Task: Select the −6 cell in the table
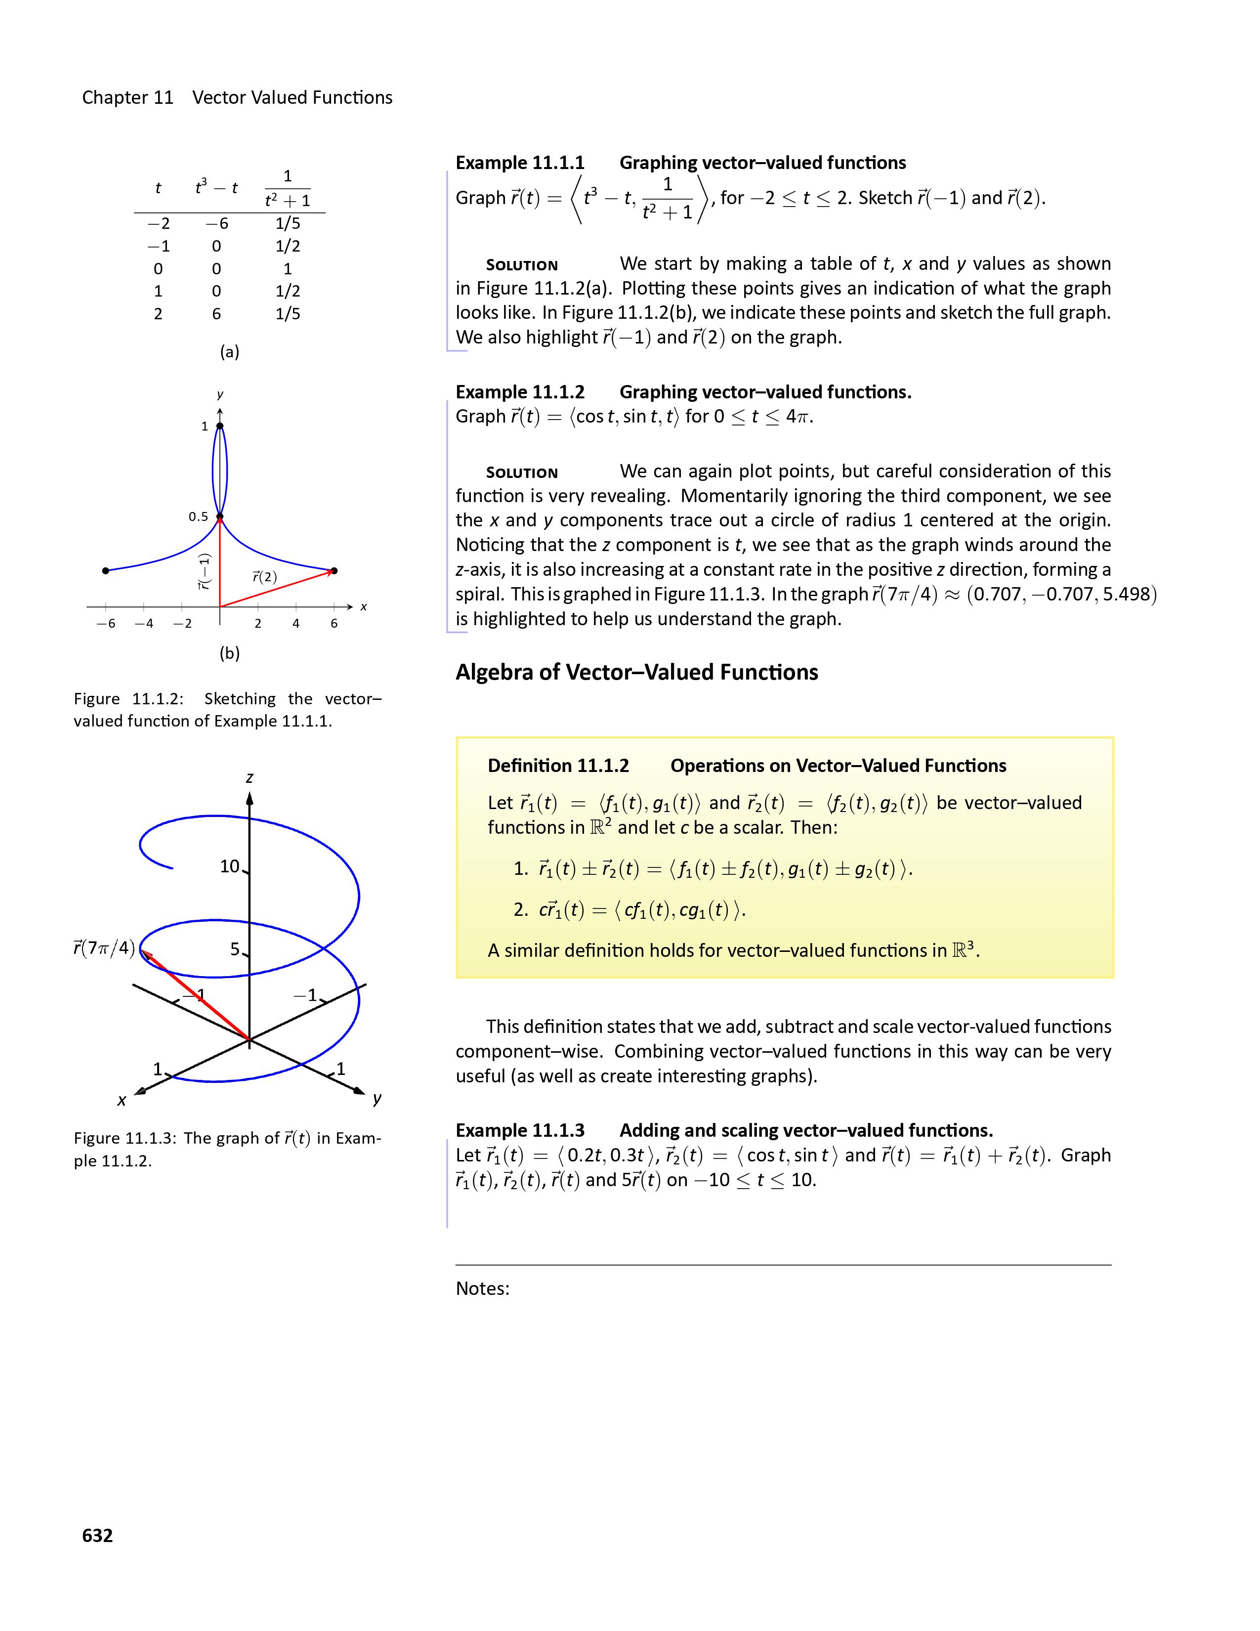pos(216,223)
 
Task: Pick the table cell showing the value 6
pos(216,314)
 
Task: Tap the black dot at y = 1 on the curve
pos(219,427)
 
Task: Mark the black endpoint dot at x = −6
pos(106,570)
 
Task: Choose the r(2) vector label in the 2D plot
pos(264,576)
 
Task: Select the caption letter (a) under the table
pos(229,352)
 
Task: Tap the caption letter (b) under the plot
pos(229,653)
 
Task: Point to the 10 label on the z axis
pos(230,866)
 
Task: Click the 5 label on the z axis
pos(235,949)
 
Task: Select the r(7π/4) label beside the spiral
pos(104,948)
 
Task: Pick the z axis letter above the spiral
pos(250,777)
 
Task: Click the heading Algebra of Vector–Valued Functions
pos(637,672)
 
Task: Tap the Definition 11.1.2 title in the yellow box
pos(558,766)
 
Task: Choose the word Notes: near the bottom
pos(482,1288)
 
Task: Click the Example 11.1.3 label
pos(520,1130)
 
